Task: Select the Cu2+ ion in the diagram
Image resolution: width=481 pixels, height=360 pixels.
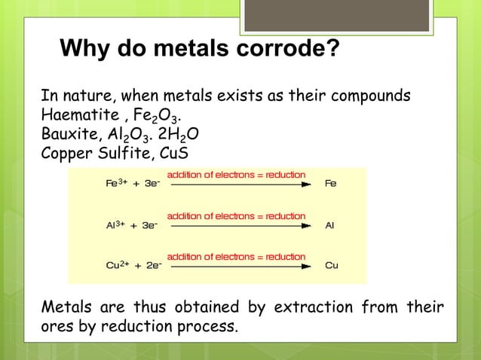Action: (116, 265)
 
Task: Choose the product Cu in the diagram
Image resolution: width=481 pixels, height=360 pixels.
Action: (331, 265)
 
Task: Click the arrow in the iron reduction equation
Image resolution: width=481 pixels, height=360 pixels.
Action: (236, 183)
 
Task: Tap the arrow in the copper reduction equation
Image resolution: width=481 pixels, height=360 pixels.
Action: (236, 265)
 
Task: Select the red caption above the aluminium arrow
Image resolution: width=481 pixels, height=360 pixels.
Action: (236, 216)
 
